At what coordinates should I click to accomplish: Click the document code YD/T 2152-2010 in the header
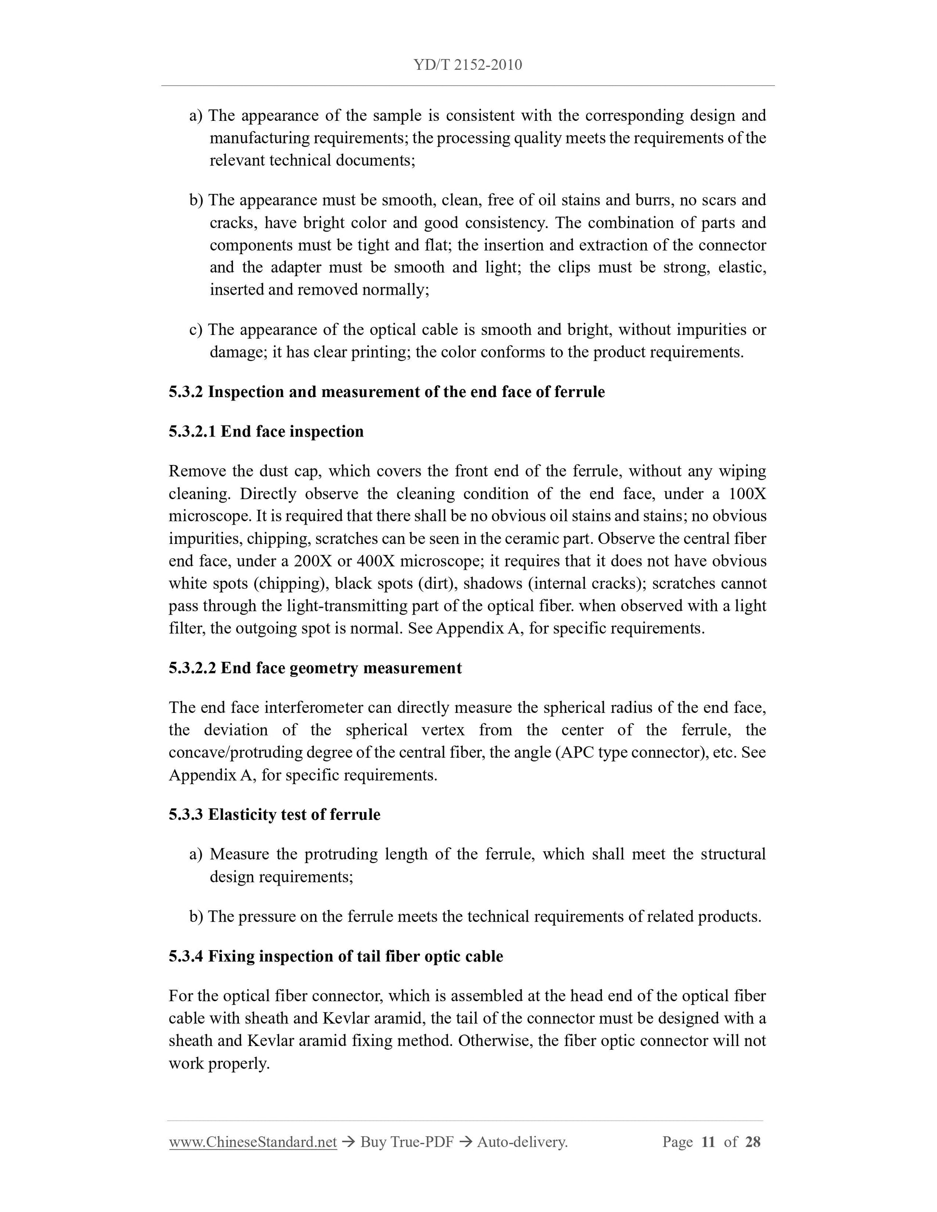point(468,65)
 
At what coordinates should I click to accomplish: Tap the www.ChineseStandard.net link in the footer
point(253,1142)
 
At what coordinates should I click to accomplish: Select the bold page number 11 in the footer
point(708,1142)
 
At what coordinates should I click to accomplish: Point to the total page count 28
point(753,1142)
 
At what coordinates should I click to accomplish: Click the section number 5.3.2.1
point(192,431)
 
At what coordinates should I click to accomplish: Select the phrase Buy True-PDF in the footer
point(407,1142)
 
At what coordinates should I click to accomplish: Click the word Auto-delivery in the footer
point(522,1142)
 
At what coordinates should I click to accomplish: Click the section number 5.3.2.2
point(192,668)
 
